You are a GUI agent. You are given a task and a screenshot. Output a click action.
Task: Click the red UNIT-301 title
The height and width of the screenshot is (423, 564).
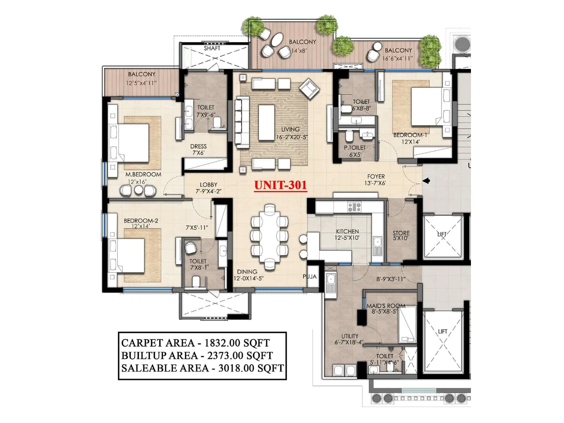280,185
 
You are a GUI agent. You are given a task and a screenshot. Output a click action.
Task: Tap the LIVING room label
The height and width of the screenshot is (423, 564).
290,129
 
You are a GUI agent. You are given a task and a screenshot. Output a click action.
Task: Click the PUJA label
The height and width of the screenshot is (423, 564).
309,276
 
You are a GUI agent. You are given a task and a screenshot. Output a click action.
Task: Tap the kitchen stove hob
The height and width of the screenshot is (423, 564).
354,207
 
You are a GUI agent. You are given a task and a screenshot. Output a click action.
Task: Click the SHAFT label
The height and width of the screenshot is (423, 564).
212,48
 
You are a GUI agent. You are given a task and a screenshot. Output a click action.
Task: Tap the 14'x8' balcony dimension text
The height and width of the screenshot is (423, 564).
299,51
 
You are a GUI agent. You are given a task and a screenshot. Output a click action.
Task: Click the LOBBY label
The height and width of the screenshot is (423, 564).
208,185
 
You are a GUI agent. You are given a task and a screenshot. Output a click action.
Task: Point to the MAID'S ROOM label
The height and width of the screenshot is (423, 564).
386,306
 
